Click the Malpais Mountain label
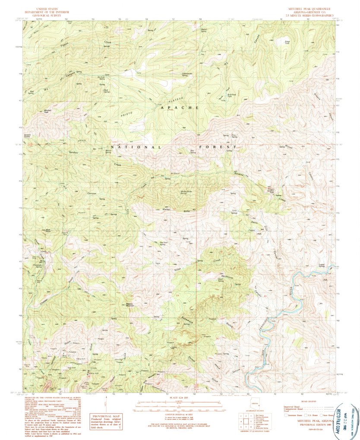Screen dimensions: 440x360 click(x=131, y=305)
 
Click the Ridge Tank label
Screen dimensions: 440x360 click(x=286, y=42)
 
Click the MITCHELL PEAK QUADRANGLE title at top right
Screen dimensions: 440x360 click(x=307, y=8)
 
